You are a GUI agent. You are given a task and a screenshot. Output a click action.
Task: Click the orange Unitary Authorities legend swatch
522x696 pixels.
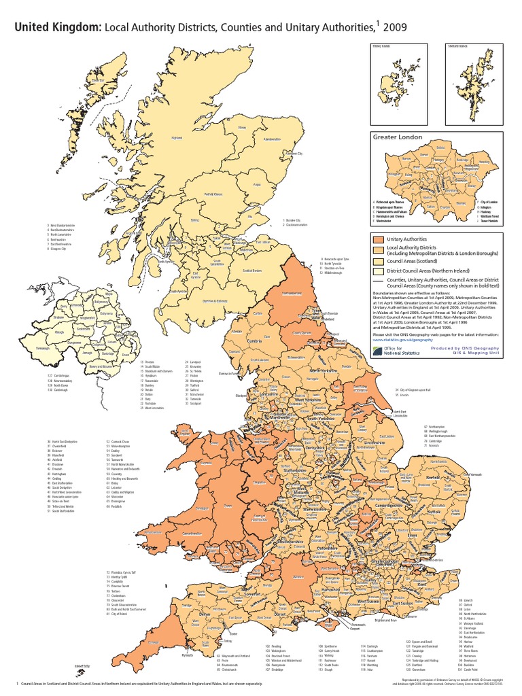tap(377, 240)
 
